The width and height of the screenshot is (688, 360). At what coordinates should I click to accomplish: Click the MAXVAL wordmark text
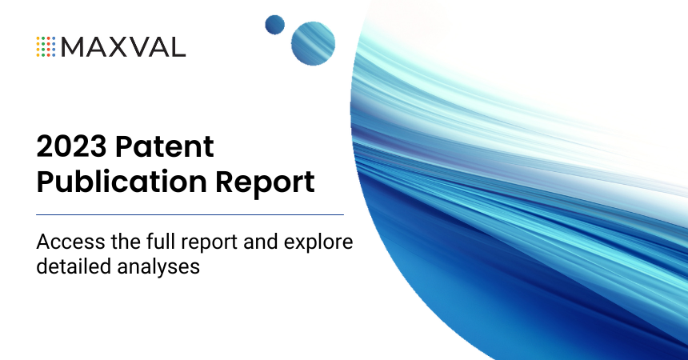pyautogui.click(x=123, y=46)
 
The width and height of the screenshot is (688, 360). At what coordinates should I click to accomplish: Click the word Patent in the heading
pyautogui.click(x=165, y=147)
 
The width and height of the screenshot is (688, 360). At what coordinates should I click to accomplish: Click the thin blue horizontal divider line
pyautogui.click(x=190, y=214)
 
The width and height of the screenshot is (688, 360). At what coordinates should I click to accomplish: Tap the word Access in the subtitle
pyautogui.click(x=65, y=242)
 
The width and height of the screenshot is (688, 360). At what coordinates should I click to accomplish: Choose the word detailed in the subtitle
pyautogui.click(x=68, y=266)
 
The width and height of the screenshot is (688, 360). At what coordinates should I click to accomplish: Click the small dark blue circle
pyautogui.click(x=275, y=24)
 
